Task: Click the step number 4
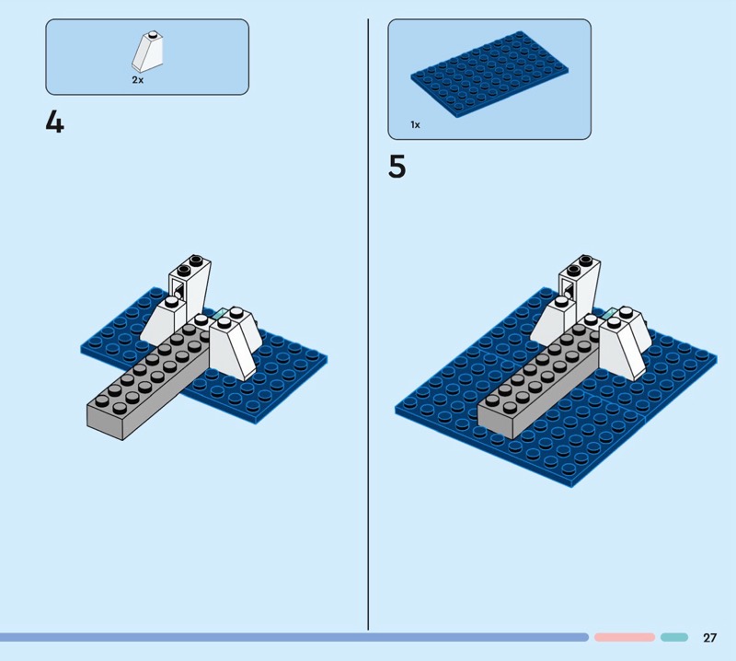pyautogui.click(x=54, y=122)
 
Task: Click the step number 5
pyautogui.click(x=397, y=167)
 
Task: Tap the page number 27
pyautogui.click(x=709, y=637)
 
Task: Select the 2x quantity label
pyautogui.click(x=137, y=80)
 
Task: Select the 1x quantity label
pyautogui.click(x=416, y=124)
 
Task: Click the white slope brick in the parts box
pyautogui.click(x=147, y=52)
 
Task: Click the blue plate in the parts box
pyautogui.click(x=489, y=75)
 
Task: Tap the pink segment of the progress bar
pyautogui.click(x=625, y=637)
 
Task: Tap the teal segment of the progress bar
pyautogui.click(x=674, y=637)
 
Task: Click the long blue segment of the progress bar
pyautogui.click(x=294, y=637)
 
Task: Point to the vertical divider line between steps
pyautogui.click(x=368, y=324)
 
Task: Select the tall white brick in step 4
pyautogui.click(x=190, y=287)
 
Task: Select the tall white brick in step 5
pyautogui.click(x=580, y=286)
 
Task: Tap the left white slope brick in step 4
pyautogui.click(x=163, y=323)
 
